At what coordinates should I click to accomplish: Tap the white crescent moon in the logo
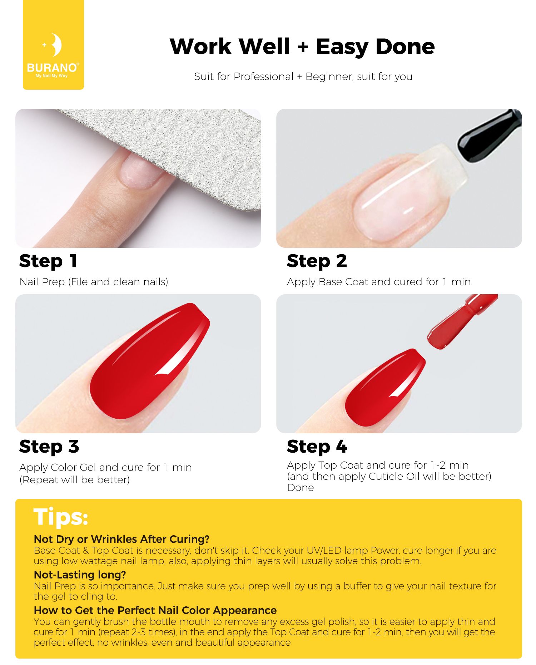56,45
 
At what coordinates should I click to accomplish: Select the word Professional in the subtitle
263,77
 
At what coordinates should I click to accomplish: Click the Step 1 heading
48,261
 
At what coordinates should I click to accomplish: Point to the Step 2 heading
317,261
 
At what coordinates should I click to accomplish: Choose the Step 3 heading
49,447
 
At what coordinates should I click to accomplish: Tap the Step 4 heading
317,447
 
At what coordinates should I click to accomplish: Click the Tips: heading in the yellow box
61,517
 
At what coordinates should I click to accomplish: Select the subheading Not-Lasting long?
80,575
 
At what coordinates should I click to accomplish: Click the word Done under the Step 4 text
301,488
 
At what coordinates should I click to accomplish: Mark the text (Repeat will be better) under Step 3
75,480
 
